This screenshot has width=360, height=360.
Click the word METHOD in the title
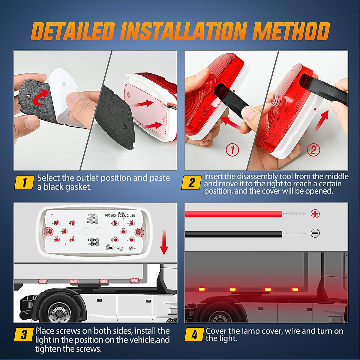pos(291,31)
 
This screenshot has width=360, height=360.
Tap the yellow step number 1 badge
pos(24,182)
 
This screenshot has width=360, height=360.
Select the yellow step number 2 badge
pos(191,183)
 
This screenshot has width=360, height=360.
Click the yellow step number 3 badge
pos(24,335)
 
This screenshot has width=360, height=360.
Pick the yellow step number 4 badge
pos(194,334)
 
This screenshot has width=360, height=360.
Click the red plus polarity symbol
pos(315,214)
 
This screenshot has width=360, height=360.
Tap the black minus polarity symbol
pos(315,233)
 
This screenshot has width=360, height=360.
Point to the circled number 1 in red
pos(232,150)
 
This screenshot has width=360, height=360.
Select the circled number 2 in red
pos(313,150)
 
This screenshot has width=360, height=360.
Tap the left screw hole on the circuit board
pos(49,231)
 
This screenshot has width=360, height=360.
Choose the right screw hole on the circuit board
pos(139,232)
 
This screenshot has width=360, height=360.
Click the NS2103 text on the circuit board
pos(110,215)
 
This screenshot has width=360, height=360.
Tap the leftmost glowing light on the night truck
pos(201,289)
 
